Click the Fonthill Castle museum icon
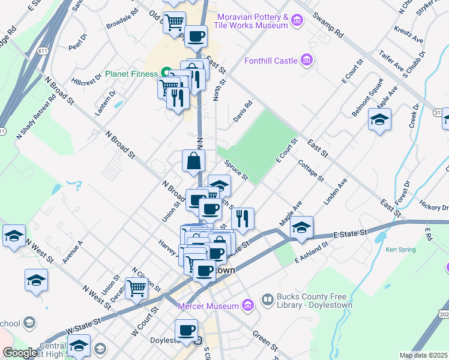pyautogui.click(x=307, y=60)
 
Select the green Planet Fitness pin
pyautogui.click(x=166, y=73)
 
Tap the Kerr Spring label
pyautogui.click(x=400, y=249)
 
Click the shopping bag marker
pyautogui.click(x=194, y=161)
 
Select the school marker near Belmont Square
pyautogui.click(x=380, y=121)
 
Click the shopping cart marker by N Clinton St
pyautogui.click(x=137, y=289)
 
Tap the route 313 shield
pyautogui.click(x=437, y=113)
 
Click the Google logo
pyautogui.click(x=19, y=353)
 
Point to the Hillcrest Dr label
pyautogui.click(x=86, y=81)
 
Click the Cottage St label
pyautogui.click(x=310, y=170)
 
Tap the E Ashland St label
pyautogui.click(x=312, y=252)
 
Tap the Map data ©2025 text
pyautogui.click(x=423, y=355)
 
